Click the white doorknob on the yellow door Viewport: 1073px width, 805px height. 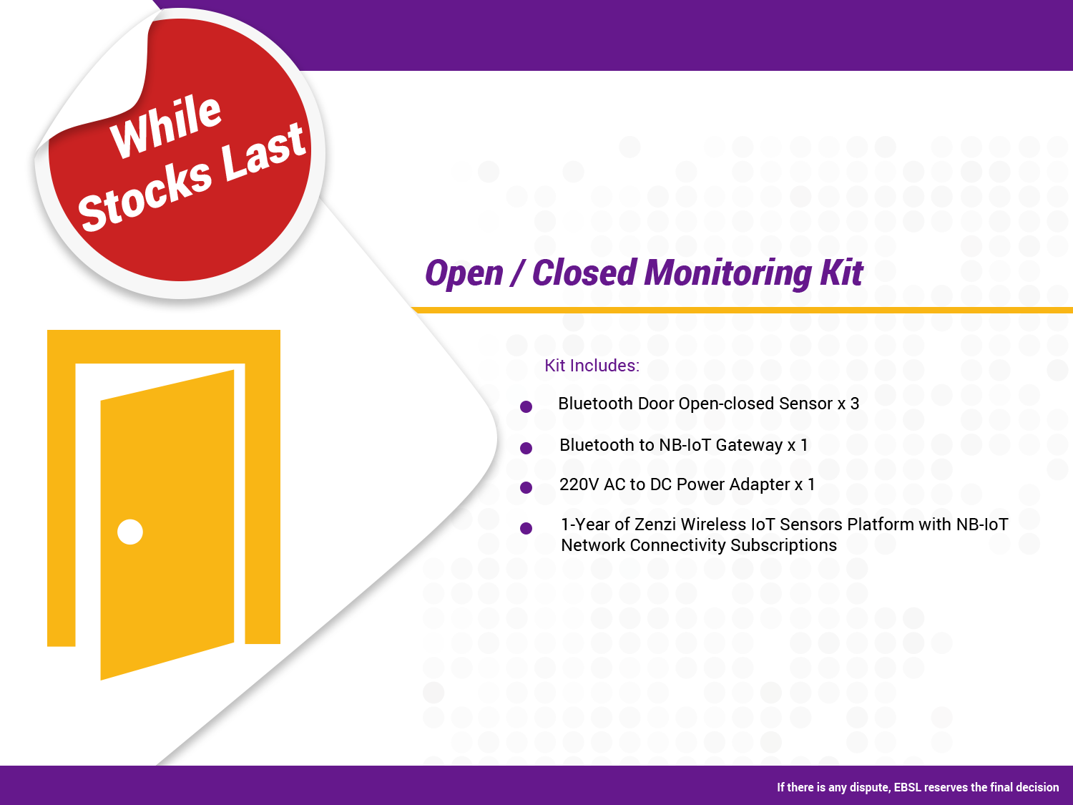click(130, 532)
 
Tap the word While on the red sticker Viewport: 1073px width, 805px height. click(166, 126)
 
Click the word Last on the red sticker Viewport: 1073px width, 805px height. click(264, 152)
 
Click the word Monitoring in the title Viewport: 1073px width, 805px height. click(727, 273)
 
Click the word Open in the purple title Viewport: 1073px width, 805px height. click(464, 274)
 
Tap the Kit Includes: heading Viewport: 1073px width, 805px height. click(592, 366)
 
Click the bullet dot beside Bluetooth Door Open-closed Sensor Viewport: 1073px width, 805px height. click(526, 406)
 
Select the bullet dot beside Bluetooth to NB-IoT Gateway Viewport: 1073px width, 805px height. click(526, 448)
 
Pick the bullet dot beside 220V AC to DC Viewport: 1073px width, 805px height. click(526, 487)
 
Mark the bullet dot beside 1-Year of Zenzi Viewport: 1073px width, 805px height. click(526, 528)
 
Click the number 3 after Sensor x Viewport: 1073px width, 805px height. click(855, 404)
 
